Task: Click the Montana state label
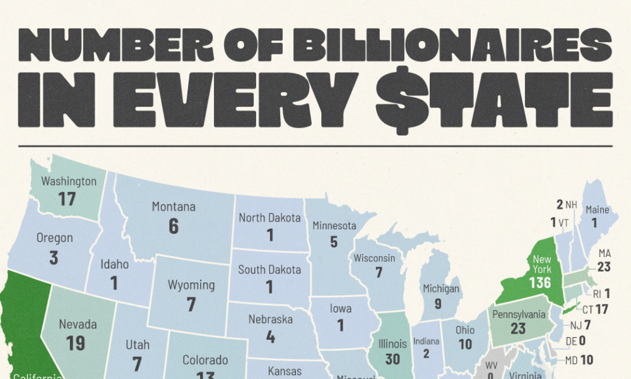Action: point(174,207)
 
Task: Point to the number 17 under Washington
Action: point(68,199)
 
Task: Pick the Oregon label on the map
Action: point(55,238)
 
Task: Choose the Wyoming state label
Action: point(191,285)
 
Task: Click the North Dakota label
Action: point(269,218)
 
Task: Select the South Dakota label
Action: point(269,270)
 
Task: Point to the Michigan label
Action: point(442,289)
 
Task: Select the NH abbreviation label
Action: point(571,204)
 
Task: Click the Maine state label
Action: point(597,210)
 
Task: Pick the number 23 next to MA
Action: point(604,267)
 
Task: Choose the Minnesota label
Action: point(334,226)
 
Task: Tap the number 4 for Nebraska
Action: point(271,337)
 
